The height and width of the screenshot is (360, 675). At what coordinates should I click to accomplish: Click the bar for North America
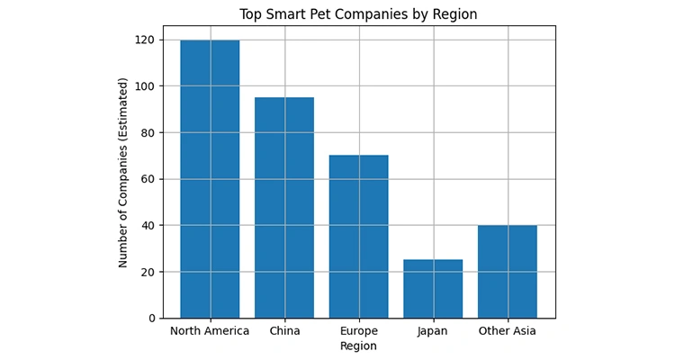click(x=210, y=179)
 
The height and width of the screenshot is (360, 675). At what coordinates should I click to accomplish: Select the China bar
click(x=284, y=208)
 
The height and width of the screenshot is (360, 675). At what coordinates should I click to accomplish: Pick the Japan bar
click(x=433, y=289)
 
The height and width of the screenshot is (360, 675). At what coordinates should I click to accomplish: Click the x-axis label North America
click(x=210, y=331)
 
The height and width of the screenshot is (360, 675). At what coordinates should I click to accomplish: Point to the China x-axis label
click(x=284, y=331)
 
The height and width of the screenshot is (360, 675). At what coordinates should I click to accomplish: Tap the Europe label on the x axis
click(x=358, y=331)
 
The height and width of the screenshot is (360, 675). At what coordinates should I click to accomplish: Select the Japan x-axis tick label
click(x=433, y=331)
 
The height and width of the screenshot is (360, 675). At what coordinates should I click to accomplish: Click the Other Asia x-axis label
click(x=508, y=331)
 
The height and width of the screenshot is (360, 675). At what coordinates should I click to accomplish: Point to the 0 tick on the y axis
click(x=151, y=319)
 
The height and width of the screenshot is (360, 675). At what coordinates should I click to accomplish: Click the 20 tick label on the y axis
click(x=148, y=272)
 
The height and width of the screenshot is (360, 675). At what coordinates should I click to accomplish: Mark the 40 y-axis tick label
click(x=148, y=225)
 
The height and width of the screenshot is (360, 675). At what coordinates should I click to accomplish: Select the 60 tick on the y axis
click(x=148, y=179)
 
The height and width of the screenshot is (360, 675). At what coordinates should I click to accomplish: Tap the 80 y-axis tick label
click(x=148, y=132)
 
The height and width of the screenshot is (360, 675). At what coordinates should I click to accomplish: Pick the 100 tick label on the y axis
click(x=145, y=86)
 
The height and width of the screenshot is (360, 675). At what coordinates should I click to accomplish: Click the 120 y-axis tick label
click(x=145, y=40)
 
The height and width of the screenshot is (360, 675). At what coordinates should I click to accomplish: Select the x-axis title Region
click(x=358, y=346)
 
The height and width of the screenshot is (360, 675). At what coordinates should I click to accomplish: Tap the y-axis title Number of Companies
click(x=123, y=172)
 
